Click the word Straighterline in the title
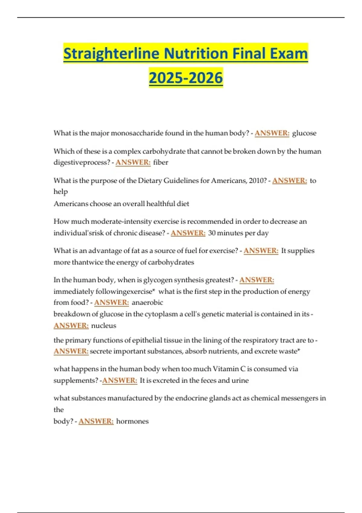tap(111, 54)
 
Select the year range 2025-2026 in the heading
tap(186, 78)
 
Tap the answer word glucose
tap(304, 133)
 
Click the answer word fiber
tap(160, 162)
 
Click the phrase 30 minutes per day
tap(238, 233)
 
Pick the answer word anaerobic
tap(147, 302)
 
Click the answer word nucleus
tap(103, 326)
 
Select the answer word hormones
tap(132, 421)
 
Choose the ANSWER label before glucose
tap(272, 133)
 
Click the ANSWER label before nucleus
tap(71, 326)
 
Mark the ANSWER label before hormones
tap(96, 421)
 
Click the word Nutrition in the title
tap(196, 54)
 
